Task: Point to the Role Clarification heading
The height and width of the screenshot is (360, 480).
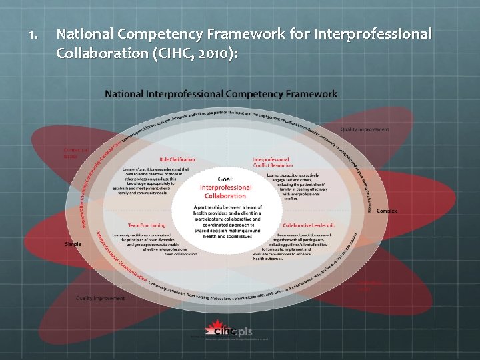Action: pos(177,159)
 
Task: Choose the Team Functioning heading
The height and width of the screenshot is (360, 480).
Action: pos(147,225)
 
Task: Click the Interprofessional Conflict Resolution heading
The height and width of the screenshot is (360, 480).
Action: pos(271,162)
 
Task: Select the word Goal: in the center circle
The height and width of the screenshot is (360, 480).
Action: pos(226,179)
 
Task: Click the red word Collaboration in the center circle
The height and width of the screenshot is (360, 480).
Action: pos(226,196)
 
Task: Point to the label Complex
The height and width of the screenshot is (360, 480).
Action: pos(386,211)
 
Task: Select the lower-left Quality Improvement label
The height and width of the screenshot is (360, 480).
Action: pos(100,298)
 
